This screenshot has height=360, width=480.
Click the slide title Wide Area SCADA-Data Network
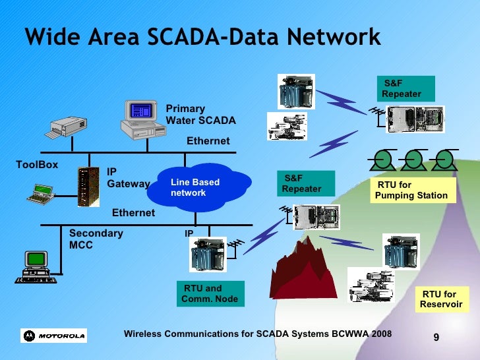(202, 37)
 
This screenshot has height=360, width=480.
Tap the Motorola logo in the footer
(54, 336)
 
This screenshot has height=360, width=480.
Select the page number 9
(436, 338)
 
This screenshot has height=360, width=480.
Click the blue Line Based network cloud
(198, 187)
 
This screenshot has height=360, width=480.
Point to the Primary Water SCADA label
(200, 115)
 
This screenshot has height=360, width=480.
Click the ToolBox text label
(37, 164)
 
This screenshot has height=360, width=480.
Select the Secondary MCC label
(96, 239)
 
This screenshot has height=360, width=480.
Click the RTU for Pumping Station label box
(411, 191)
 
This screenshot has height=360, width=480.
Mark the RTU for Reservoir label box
(440, 299)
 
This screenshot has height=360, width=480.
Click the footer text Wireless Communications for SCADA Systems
(257, 334)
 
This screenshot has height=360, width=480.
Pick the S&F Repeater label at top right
(405, 88)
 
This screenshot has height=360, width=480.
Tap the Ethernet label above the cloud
(208, 141)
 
